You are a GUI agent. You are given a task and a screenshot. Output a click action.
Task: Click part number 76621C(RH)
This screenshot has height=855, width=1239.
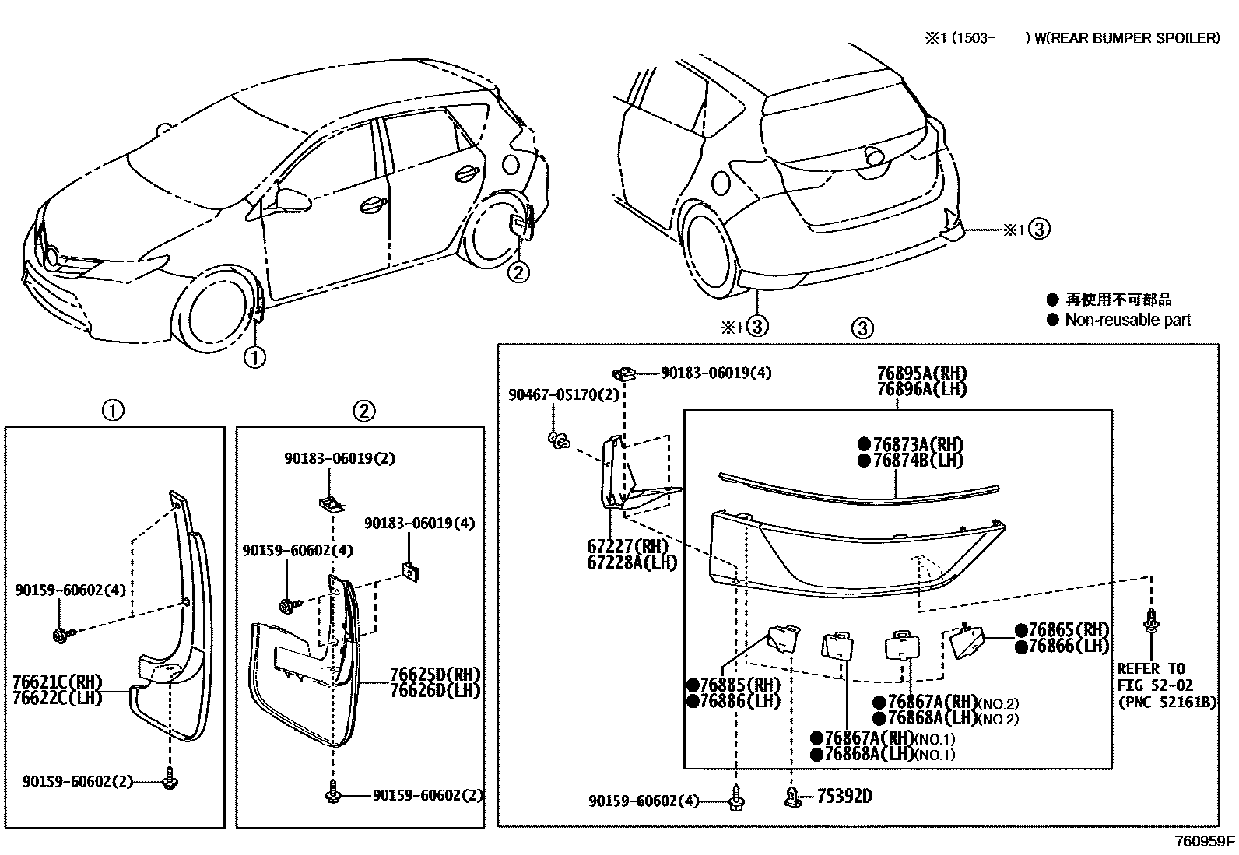click(x=57, y=682)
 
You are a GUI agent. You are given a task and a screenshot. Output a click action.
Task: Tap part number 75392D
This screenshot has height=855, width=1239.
click(x=844, y=796)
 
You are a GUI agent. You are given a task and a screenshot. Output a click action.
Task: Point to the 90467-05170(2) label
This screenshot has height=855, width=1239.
click(x=564, y=395)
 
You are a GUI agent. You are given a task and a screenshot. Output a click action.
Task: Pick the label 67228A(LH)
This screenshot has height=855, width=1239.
click(x=633, y=562)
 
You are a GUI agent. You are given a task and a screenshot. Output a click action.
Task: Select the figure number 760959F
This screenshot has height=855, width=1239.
click(x=1205, y=841)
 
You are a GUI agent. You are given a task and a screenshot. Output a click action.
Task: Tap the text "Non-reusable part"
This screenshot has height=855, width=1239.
click(x=1128, y=320)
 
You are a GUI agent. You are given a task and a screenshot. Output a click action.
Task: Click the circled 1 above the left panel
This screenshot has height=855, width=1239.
click(x=114, y=410)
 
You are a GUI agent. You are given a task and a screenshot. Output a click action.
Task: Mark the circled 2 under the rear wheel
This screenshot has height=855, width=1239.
click(x=518, y=272)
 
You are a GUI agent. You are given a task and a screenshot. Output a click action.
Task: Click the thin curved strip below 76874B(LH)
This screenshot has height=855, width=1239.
click(x=856, y=486)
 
